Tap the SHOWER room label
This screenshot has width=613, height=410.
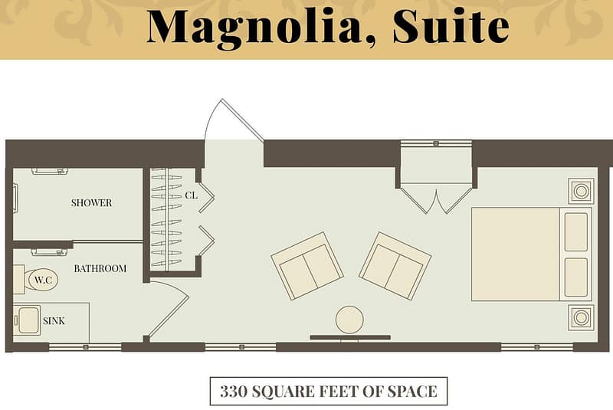(x=91, y=203)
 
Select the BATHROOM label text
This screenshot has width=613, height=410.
(x=100, y=268)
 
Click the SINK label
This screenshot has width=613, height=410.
(x=54, y=321)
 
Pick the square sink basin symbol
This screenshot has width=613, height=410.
(x=28, y=320)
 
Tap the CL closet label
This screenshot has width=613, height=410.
(x=191, y=195)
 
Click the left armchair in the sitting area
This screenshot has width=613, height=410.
(x=306, y=265)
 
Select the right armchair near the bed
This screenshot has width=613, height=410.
(x=395, y=265)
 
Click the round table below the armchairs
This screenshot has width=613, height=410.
(x=349, y=320)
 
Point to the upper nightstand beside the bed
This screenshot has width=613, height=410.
(x=580, y=190)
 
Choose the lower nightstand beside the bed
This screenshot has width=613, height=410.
(x=580, y=317)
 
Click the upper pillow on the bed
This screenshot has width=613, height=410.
(x=575, y=231)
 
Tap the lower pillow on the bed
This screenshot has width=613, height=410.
(x=575, y=277)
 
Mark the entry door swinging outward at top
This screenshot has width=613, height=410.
(x=234, y=123)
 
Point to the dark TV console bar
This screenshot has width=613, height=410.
(x=349, y=337)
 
